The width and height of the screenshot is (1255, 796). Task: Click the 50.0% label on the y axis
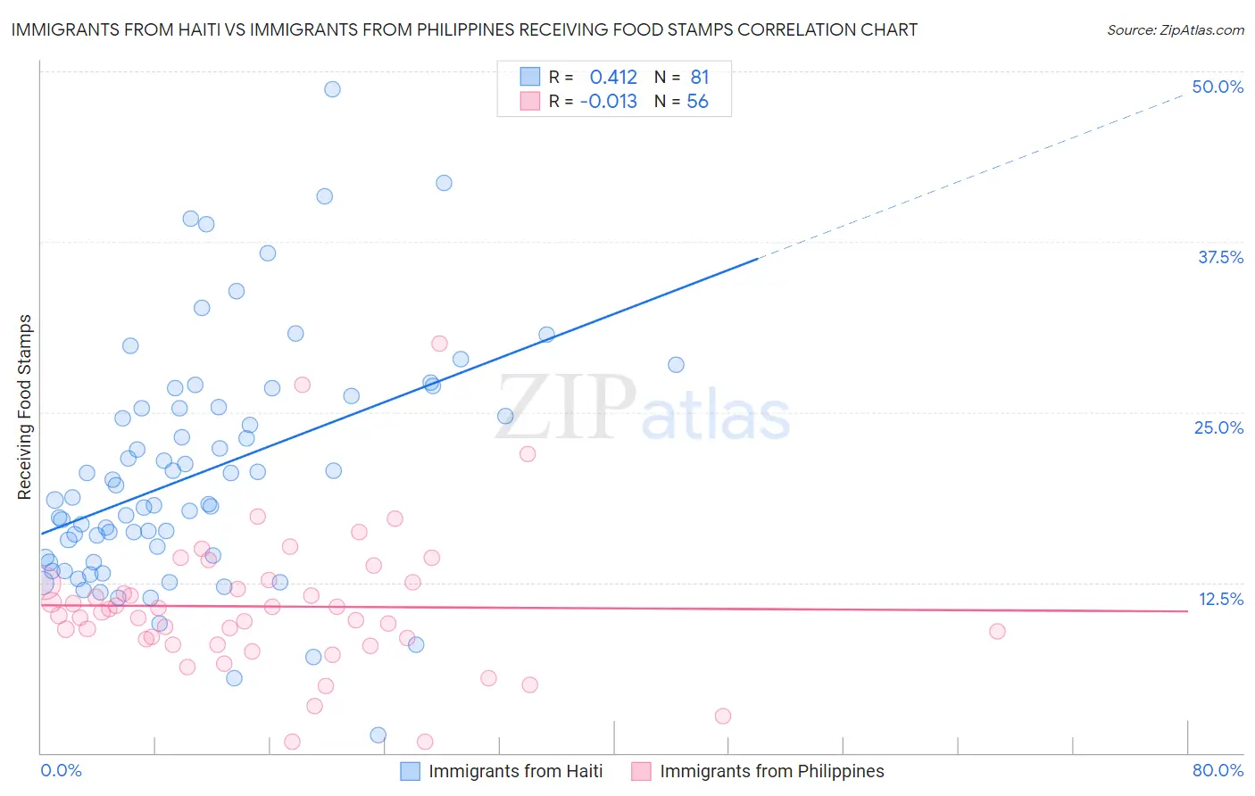coord(1218,87)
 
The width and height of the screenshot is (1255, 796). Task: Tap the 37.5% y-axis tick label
coord(1220,257)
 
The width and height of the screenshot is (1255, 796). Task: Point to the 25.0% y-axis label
coord(1218,427)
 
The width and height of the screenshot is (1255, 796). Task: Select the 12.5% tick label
coord(1220,599)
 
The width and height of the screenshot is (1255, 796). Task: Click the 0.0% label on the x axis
coord(61,770)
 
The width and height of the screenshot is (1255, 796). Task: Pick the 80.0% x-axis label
coord(1218,770)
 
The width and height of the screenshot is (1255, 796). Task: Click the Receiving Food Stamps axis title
coord(25,407)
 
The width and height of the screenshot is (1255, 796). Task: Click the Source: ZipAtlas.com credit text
coord(1175,29)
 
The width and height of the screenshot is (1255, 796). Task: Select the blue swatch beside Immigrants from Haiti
coord(410,771)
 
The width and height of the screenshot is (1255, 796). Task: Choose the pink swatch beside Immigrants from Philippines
coord(641,771)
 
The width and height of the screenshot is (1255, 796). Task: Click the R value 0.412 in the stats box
coord(613,77)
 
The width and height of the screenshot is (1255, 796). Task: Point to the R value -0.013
coord(608,101)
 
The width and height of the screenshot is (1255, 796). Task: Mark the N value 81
coord(699,77)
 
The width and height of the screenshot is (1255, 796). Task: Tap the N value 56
coord(697,101)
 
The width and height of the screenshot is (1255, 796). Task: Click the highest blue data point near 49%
coord(332,89)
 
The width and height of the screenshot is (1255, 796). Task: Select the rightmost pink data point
coord(997,631)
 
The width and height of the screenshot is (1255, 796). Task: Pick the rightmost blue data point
coord(676,365)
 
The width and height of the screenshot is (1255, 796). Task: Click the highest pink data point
coord(439,344)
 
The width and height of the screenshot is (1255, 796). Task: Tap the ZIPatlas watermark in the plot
coord(643,409)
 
